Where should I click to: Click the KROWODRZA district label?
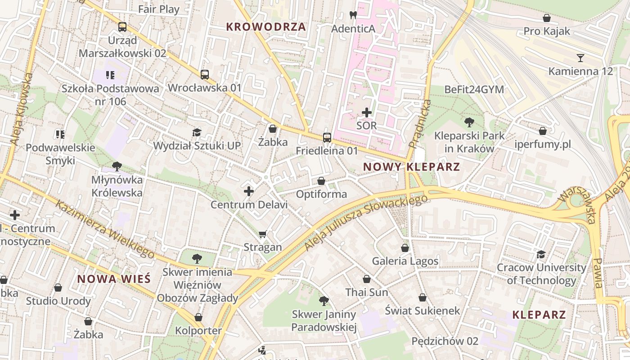click(266, 27)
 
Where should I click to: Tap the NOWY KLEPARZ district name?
click(411, 167)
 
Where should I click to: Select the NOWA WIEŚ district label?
click(113, 279)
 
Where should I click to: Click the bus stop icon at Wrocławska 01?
click(205, 74)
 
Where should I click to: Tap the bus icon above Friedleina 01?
click(327, 137)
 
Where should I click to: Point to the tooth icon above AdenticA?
click(353, 15)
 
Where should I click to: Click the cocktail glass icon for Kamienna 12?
click(580, 58)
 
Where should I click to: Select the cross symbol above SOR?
click(367, 112)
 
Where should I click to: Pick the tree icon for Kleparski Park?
click(469, 121)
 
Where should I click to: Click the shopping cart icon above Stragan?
click(263, 234)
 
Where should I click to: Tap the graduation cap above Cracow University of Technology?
click(541, 254)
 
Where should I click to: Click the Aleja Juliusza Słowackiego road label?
click(365, 222)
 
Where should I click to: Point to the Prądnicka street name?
click(420, 124)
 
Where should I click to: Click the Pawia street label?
click(598, 273)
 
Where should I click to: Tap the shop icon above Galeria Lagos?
click(405, 248)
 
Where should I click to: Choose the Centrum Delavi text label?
click(249, 205)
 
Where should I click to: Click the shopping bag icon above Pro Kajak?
click(547, 18)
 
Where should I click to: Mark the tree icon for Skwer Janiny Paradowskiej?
click(324, 301)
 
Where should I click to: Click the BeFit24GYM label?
click(474, 90)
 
